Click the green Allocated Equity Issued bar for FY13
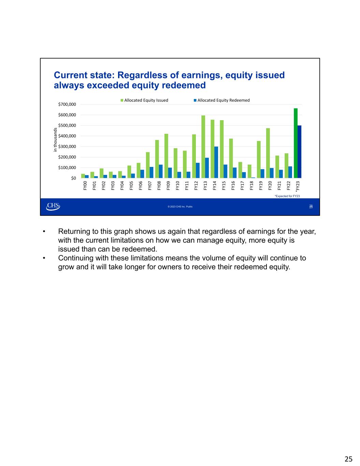(x=203, y=147)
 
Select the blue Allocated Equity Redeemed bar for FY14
(x=216, y=163)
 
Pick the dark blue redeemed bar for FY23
(x=299, y=152)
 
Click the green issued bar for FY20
(x=268, y=153)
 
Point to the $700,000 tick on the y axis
(x=67, y=104)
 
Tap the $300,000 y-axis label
(x=67, y=147)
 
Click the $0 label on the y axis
(x=73, y=178)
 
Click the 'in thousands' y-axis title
(x=55, y=140)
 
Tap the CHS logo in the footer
(x=53, y=206)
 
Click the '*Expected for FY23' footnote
(x=287, y=196)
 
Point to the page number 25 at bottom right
(x=348, y=459)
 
